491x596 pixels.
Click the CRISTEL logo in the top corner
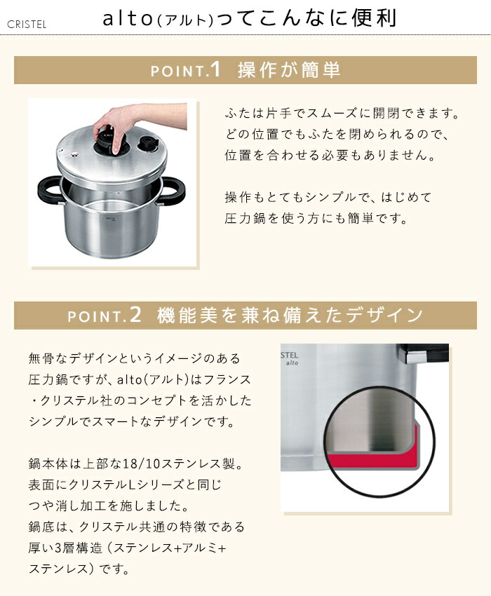(x=27, y=25)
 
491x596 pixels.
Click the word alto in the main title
(x=129, y=19)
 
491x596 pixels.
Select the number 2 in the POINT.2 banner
(x=136, y=316)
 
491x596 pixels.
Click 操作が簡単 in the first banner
(x=289, y=70)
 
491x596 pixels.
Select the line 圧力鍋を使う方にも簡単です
(x=316, y=218)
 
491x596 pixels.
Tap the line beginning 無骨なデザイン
(x=134, y=358)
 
